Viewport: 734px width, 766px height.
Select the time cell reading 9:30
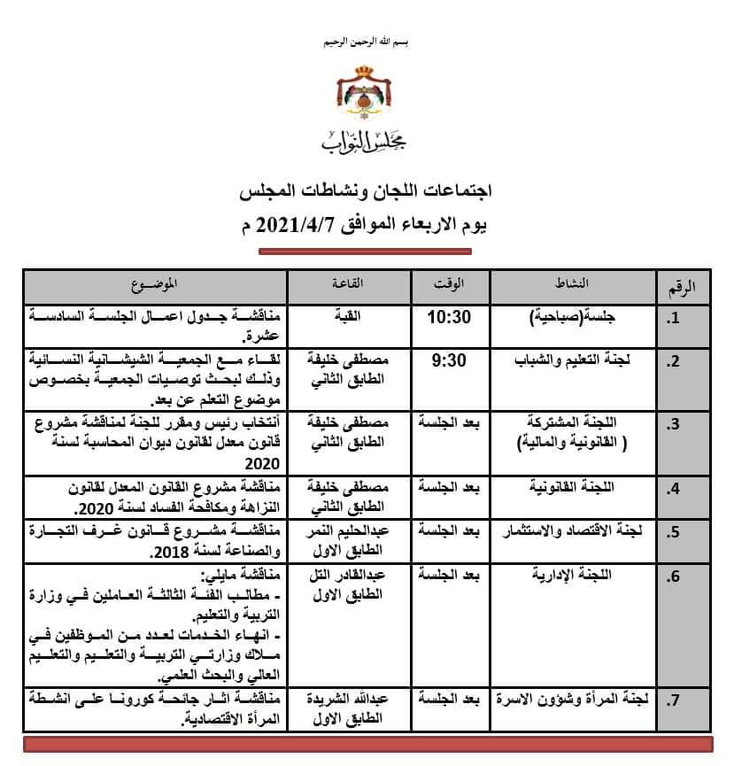[449, 361]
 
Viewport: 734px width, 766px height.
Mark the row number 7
[673, 702]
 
